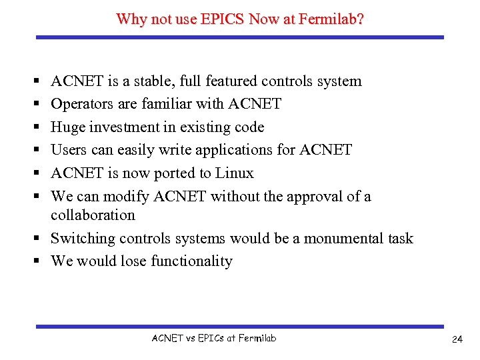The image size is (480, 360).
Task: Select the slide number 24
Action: (x=457, y=339)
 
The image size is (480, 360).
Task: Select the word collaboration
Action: (x=93, y=215)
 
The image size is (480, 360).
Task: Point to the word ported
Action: (x=175, y=173)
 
